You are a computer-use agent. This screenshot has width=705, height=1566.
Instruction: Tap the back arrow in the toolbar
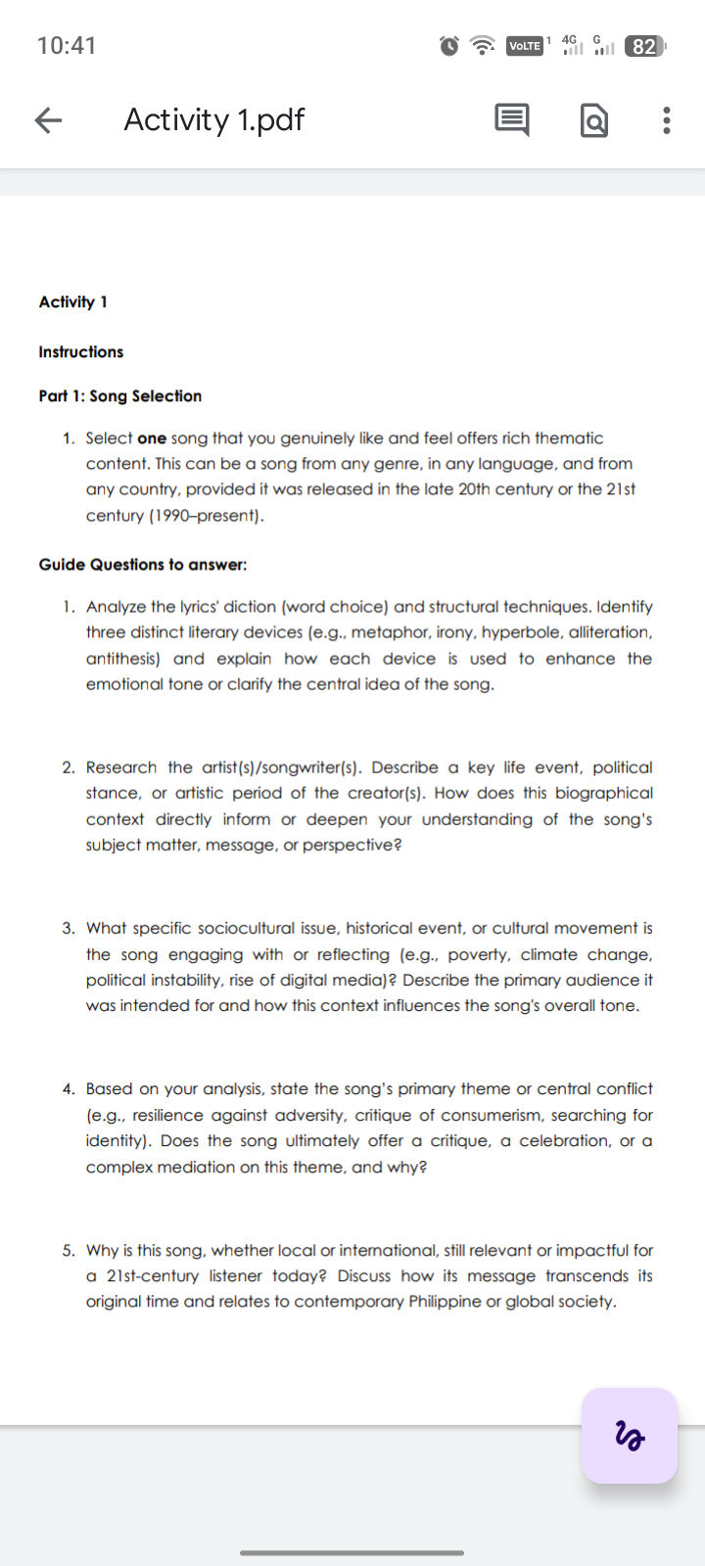48,119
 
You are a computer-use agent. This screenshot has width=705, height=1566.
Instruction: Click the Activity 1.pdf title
213,119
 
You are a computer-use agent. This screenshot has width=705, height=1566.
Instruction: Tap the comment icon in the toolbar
511,119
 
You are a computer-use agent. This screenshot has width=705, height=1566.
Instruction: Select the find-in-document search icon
594,120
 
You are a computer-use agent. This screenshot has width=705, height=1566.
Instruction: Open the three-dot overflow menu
667,119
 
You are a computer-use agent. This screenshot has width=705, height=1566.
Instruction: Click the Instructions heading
81,351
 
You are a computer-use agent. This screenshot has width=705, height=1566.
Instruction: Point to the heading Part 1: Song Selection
120,395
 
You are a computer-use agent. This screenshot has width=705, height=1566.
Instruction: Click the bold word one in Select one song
152,438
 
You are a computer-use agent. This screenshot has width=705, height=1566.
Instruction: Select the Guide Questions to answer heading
143,564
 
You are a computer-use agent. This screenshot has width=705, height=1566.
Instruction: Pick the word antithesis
122,659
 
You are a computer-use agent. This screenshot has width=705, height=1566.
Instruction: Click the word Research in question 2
121,767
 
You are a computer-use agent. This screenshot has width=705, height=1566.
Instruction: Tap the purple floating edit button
630,1435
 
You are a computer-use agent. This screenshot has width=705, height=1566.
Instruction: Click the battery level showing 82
643,46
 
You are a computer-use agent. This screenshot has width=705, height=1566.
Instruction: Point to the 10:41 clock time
67,46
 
